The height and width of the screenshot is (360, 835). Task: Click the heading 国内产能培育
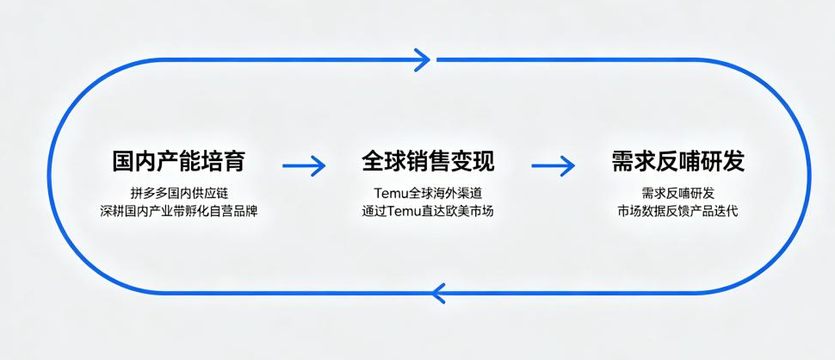(179, 161)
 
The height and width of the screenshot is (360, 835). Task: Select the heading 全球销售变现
(428, 161)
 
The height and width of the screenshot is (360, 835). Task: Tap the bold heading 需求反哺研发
(678, 161)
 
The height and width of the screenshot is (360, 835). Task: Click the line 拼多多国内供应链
(179, 192)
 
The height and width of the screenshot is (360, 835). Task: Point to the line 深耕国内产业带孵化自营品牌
(179, 211)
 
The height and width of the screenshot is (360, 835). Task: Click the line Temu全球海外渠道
(428, 192)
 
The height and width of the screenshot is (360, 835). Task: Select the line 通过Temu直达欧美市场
(428, 211)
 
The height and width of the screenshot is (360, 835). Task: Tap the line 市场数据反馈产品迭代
(678, 211)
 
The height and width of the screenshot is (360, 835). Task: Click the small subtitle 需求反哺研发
(678, 192)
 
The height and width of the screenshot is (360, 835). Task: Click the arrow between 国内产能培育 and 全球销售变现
(304, 165)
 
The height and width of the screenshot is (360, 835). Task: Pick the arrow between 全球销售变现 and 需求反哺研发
(553, 165)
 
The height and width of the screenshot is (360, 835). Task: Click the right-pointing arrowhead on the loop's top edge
(424, 59)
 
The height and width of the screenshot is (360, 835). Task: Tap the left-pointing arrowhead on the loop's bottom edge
(438, 294)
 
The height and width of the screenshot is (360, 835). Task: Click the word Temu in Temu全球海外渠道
(390, 192)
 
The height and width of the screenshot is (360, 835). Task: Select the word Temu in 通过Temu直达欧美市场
(403, 211)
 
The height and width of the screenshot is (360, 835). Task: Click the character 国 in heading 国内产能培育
(124, 161)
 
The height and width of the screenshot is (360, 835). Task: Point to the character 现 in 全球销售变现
(483, 161)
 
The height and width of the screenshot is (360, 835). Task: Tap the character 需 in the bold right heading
(623, 161)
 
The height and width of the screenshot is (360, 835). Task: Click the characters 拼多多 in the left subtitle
(148, 192)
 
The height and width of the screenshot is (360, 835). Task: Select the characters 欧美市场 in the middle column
(470, 211)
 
